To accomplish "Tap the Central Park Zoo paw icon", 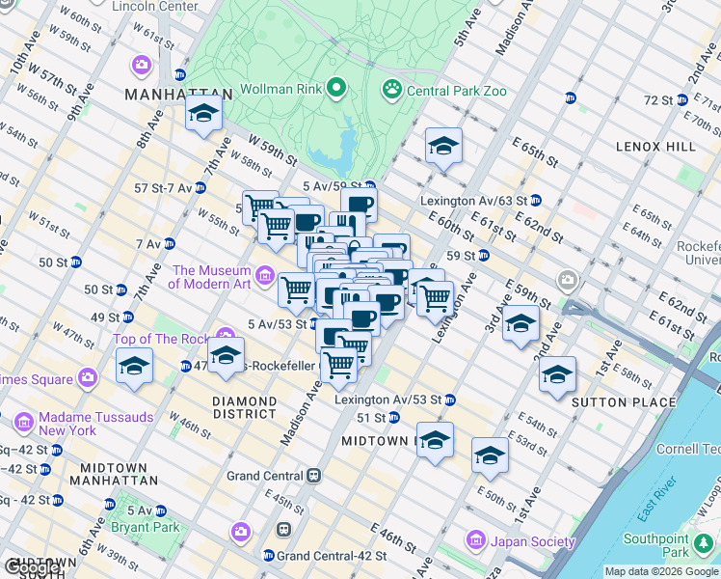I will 392,91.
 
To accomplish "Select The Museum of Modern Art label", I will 210,277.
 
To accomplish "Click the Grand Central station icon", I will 314,476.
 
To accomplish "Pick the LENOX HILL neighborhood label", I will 656,146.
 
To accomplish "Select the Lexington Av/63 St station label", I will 472,201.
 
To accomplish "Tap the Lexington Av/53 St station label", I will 387,399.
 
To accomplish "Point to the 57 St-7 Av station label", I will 165,187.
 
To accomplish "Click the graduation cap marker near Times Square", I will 134,368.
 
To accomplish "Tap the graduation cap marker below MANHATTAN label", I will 203,116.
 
